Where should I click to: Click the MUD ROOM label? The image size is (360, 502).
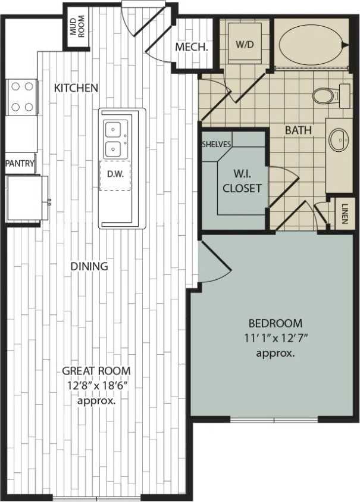(x=77, y=27)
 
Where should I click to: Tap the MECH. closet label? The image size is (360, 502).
(x=191, y=48)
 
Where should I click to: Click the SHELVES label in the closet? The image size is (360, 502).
(x=217, y=145)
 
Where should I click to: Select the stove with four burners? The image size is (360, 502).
(x=22, y=98)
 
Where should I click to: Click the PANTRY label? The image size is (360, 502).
(x=20, y=163)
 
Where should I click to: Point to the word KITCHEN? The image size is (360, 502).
(x=76, y=88)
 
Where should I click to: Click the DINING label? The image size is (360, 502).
(x=89, y=266)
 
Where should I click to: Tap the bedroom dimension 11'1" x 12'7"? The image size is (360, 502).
(x=275, y=339)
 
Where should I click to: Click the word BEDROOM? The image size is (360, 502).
(x=275, y=323)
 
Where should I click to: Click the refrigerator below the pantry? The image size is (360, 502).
(x=24, y=198)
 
